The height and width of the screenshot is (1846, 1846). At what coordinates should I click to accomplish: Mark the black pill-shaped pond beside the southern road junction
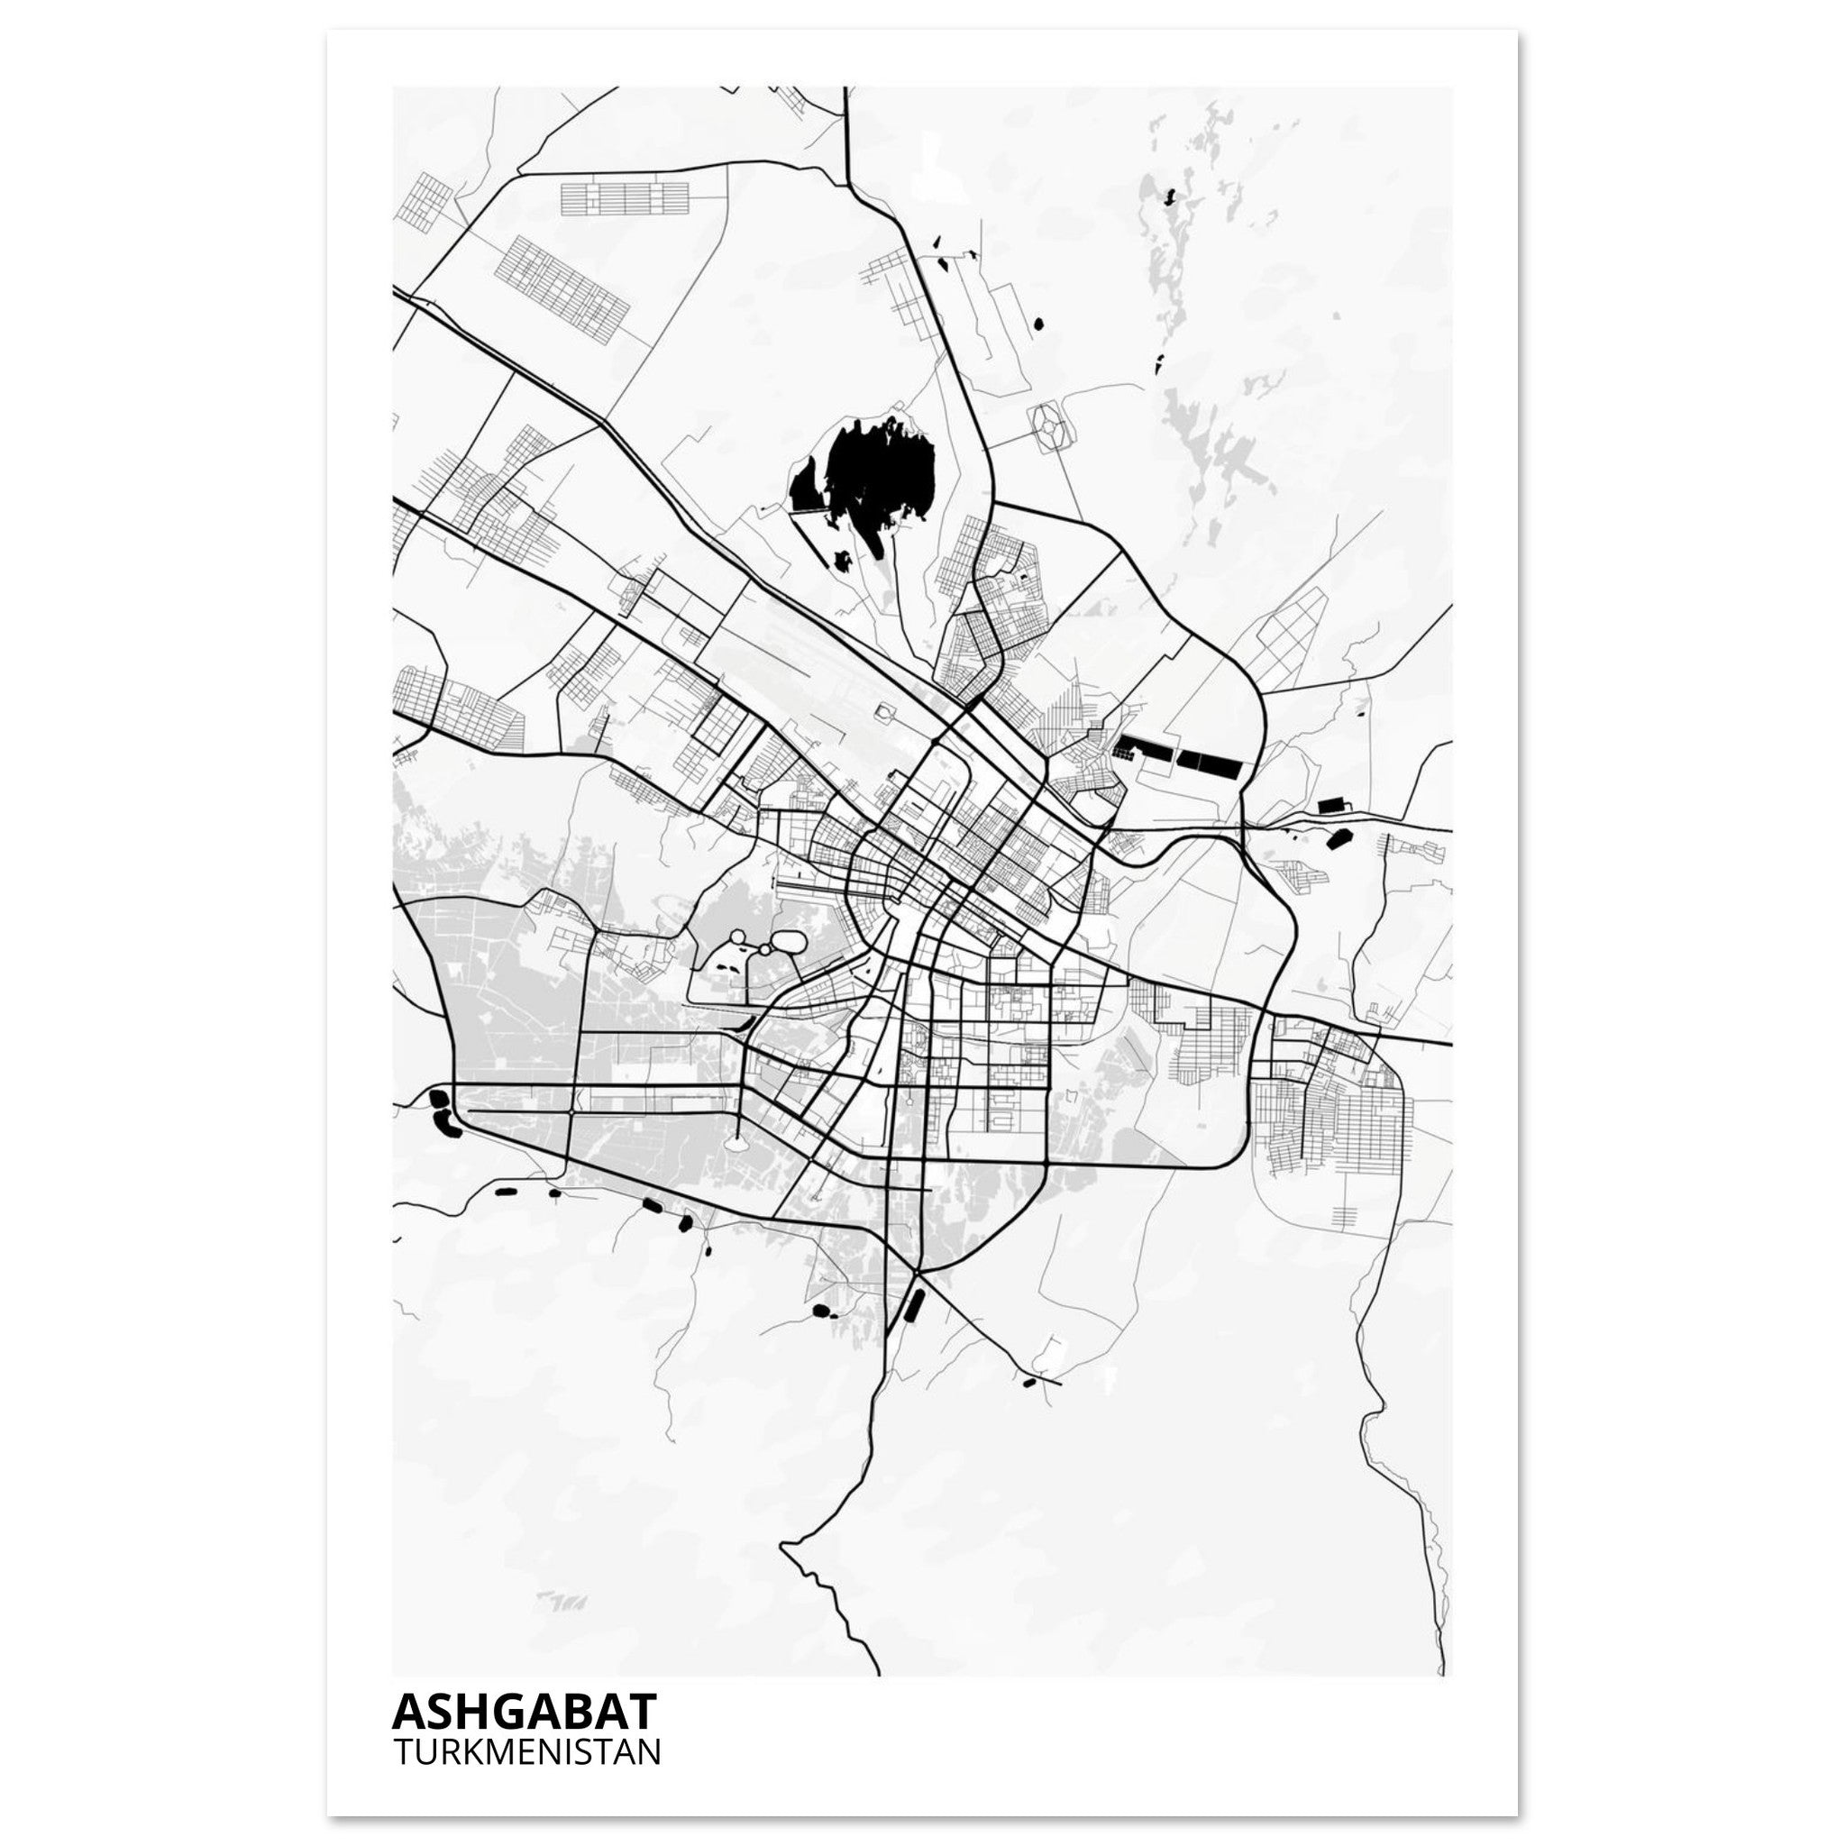[910, 1303]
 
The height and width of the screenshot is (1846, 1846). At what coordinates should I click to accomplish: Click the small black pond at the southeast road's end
[1028, 1382]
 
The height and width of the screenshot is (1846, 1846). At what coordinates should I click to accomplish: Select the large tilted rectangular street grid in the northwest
[562, 282]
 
